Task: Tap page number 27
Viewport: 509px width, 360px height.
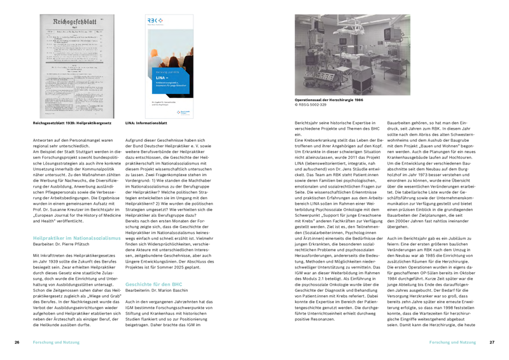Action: click(x=491, y=342)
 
